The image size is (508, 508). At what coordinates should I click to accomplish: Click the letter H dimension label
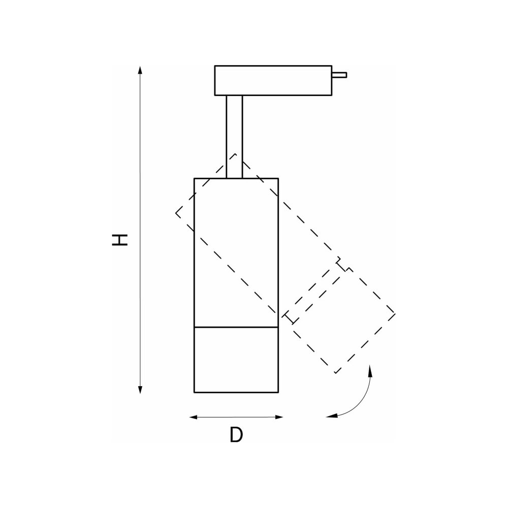coord(119,240)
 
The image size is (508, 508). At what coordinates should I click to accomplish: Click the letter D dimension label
coord(236,435)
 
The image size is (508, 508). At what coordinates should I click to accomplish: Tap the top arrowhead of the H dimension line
coord(140,70)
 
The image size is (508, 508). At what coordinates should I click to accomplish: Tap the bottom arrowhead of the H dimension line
coord(140,390)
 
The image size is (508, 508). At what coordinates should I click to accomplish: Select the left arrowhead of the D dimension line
coord(194,417)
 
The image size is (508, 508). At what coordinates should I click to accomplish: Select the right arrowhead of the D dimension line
coord(279,417)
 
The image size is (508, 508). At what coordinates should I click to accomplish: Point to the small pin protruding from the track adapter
coord(339,75)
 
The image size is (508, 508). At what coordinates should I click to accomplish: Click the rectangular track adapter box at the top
coord(273,81)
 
